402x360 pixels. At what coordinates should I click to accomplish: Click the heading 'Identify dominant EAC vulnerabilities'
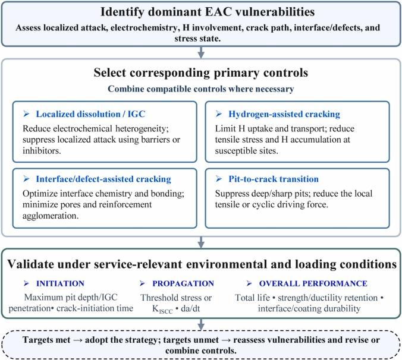click(x=208, y=12)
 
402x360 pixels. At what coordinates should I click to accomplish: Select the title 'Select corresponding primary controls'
click(x=201, y=72)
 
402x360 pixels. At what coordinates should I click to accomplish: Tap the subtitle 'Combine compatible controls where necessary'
click(x=201, y=89)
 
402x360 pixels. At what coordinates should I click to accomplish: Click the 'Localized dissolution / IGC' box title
click(x=90, y=114)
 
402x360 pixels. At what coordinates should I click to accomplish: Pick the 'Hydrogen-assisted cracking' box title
click(x=284, y=114)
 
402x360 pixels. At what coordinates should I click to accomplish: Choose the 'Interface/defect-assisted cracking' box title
click(x=103, y=179)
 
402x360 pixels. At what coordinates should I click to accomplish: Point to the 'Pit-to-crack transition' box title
click(x=274, y=179)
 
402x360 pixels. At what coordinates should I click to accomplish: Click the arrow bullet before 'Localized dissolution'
click(x=26, y=114)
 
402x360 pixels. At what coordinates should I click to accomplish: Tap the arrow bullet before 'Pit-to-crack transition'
click(x=219, y=179)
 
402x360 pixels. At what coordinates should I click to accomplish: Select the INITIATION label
click(x=60, y=283)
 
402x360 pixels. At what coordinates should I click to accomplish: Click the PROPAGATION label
click(x=183, y=283)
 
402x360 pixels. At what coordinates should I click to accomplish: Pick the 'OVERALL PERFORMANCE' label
click(x=313, y=283)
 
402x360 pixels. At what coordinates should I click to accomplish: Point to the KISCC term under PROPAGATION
click(x=162, y=310)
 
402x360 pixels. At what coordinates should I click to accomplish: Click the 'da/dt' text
click(x=190, y=308)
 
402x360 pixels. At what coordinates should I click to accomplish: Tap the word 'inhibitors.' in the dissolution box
click(x=42, y=151)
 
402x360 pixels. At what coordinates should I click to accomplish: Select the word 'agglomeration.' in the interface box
click(x=51, y=216)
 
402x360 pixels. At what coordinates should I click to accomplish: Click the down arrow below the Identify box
click(x=201, y=52)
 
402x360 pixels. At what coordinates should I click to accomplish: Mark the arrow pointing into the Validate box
click(x=201, y=242)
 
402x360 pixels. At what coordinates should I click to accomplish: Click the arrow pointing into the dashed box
click(x=201, y=325)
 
